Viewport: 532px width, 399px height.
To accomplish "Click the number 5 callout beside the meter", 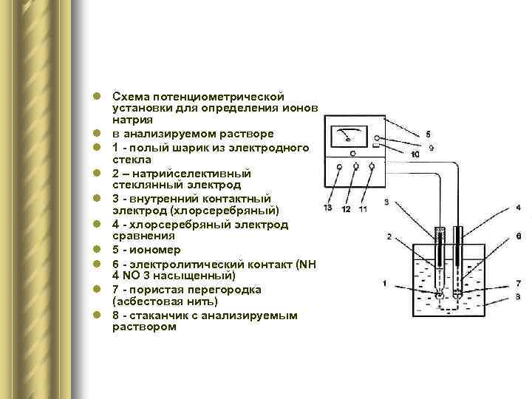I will point(429,134).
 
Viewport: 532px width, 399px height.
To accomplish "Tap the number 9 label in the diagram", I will point(430,148).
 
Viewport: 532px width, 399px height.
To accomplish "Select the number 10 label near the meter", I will point(415,154).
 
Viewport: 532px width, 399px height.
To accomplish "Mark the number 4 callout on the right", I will point(519,208).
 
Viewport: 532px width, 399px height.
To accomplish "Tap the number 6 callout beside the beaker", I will point(519,236).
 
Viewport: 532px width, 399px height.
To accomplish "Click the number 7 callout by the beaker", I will point(519,283).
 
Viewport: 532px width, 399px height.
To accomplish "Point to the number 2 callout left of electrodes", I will point(389,236).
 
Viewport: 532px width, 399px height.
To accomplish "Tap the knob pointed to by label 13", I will point(338,167).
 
